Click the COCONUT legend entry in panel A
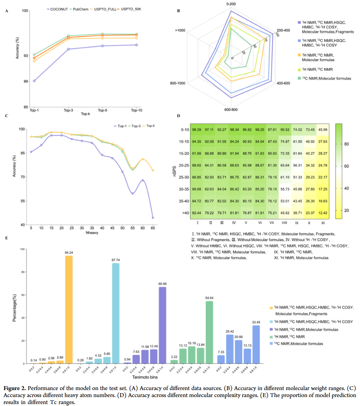tap(58, 9)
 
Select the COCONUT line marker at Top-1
tap(34, 81)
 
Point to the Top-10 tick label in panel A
tap(136, 110)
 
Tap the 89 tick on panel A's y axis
tap(26, 81)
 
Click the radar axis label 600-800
tap(231, 110)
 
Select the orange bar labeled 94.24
tap(68, 310)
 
